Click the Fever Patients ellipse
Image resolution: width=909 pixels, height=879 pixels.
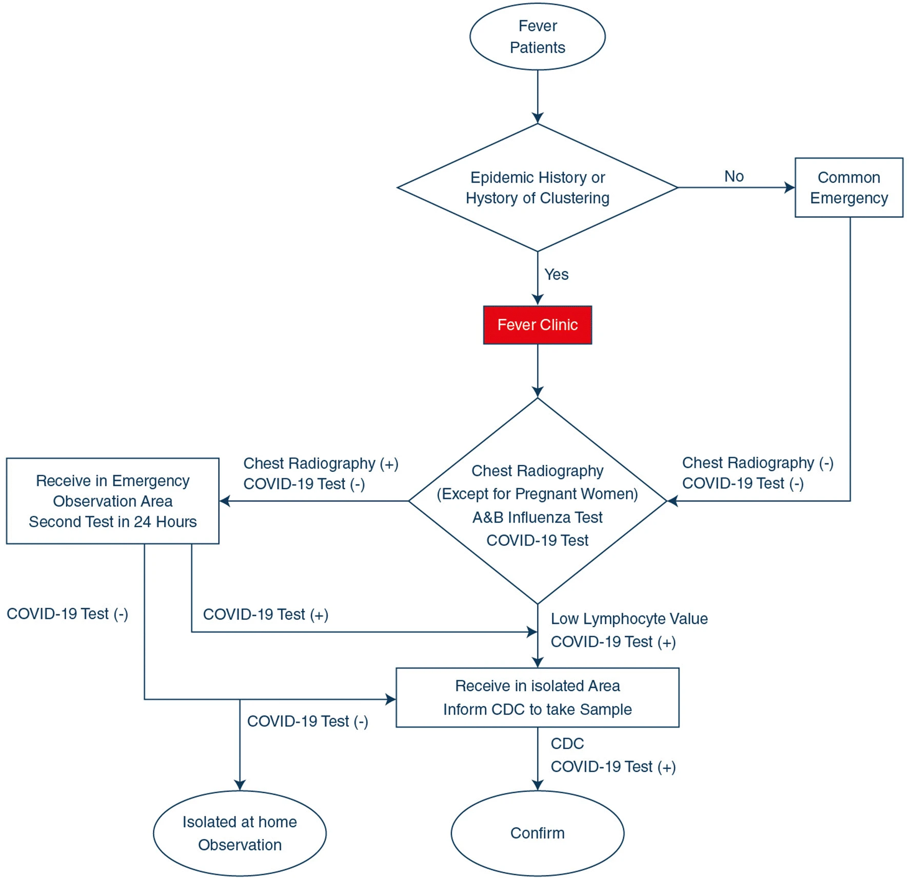[537, 36]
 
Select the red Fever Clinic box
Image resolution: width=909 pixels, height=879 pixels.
[537, 325]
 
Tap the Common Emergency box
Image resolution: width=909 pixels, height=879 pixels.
[848, 187]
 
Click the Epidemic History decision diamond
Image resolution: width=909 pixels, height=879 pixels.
[537, 187]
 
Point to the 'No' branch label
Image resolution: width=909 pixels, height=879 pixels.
[734, 176]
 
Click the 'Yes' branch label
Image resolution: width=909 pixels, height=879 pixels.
[556, 274]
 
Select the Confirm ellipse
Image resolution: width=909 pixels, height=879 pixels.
[537, 833]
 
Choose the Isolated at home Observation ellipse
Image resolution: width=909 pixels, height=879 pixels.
[240, 833]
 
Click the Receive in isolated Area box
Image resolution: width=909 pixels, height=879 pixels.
[537, 697]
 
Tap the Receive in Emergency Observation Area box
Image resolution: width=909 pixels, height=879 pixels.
[112, 501]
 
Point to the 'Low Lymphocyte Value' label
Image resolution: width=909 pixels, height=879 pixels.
[629, 618]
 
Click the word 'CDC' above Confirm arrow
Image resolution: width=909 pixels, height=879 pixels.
[567, 744]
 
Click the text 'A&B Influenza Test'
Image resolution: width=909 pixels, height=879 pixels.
[537, 517]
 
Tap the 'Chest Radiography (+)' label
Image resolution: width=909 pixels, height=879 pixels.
[321, 463]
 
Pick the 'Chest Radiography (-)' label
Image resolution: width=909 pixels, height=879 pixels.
[758, 463]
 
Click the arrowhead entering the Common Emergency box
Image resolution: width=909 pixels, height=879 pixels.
[790, 188]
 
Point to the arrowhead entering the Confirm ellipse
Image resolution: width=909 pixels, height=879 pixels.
[538, 785]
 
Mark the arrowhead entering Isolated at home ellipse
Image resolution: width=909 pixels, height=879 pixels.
[240, 785]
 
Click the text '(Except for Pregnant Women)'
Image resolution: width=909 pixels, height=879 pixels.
[537, 494]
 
